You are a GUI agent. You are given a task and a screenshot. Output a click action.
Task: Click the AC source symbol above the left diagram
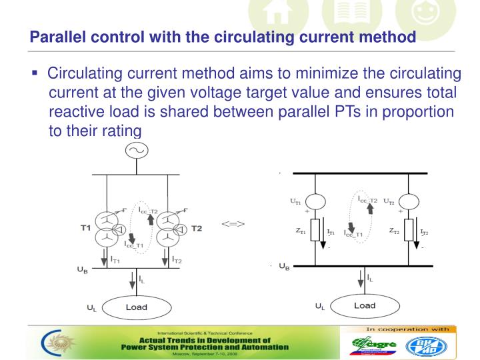tap(139, 151)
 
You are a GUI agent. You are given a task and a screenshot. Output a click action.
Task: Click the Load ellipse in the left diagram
tap(137, 307)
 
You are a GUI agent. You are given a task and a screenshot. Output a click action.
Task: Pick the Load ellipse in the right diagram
tap(364, 306)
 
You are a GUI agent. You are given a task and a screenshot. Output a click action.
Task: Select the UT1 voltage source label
tap(293, 200)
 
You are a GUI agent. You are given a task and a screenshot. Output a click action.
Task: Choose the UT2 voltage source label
tap(389, 200)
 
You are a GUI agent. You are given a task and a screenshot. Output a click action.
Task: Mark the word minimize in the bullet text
tap(310, 73)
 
